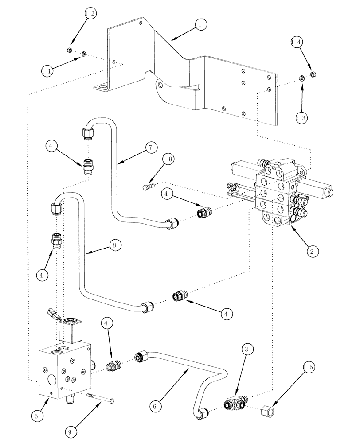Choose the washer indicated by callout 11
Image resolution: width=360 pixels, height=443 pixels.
tap(83, 55)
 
